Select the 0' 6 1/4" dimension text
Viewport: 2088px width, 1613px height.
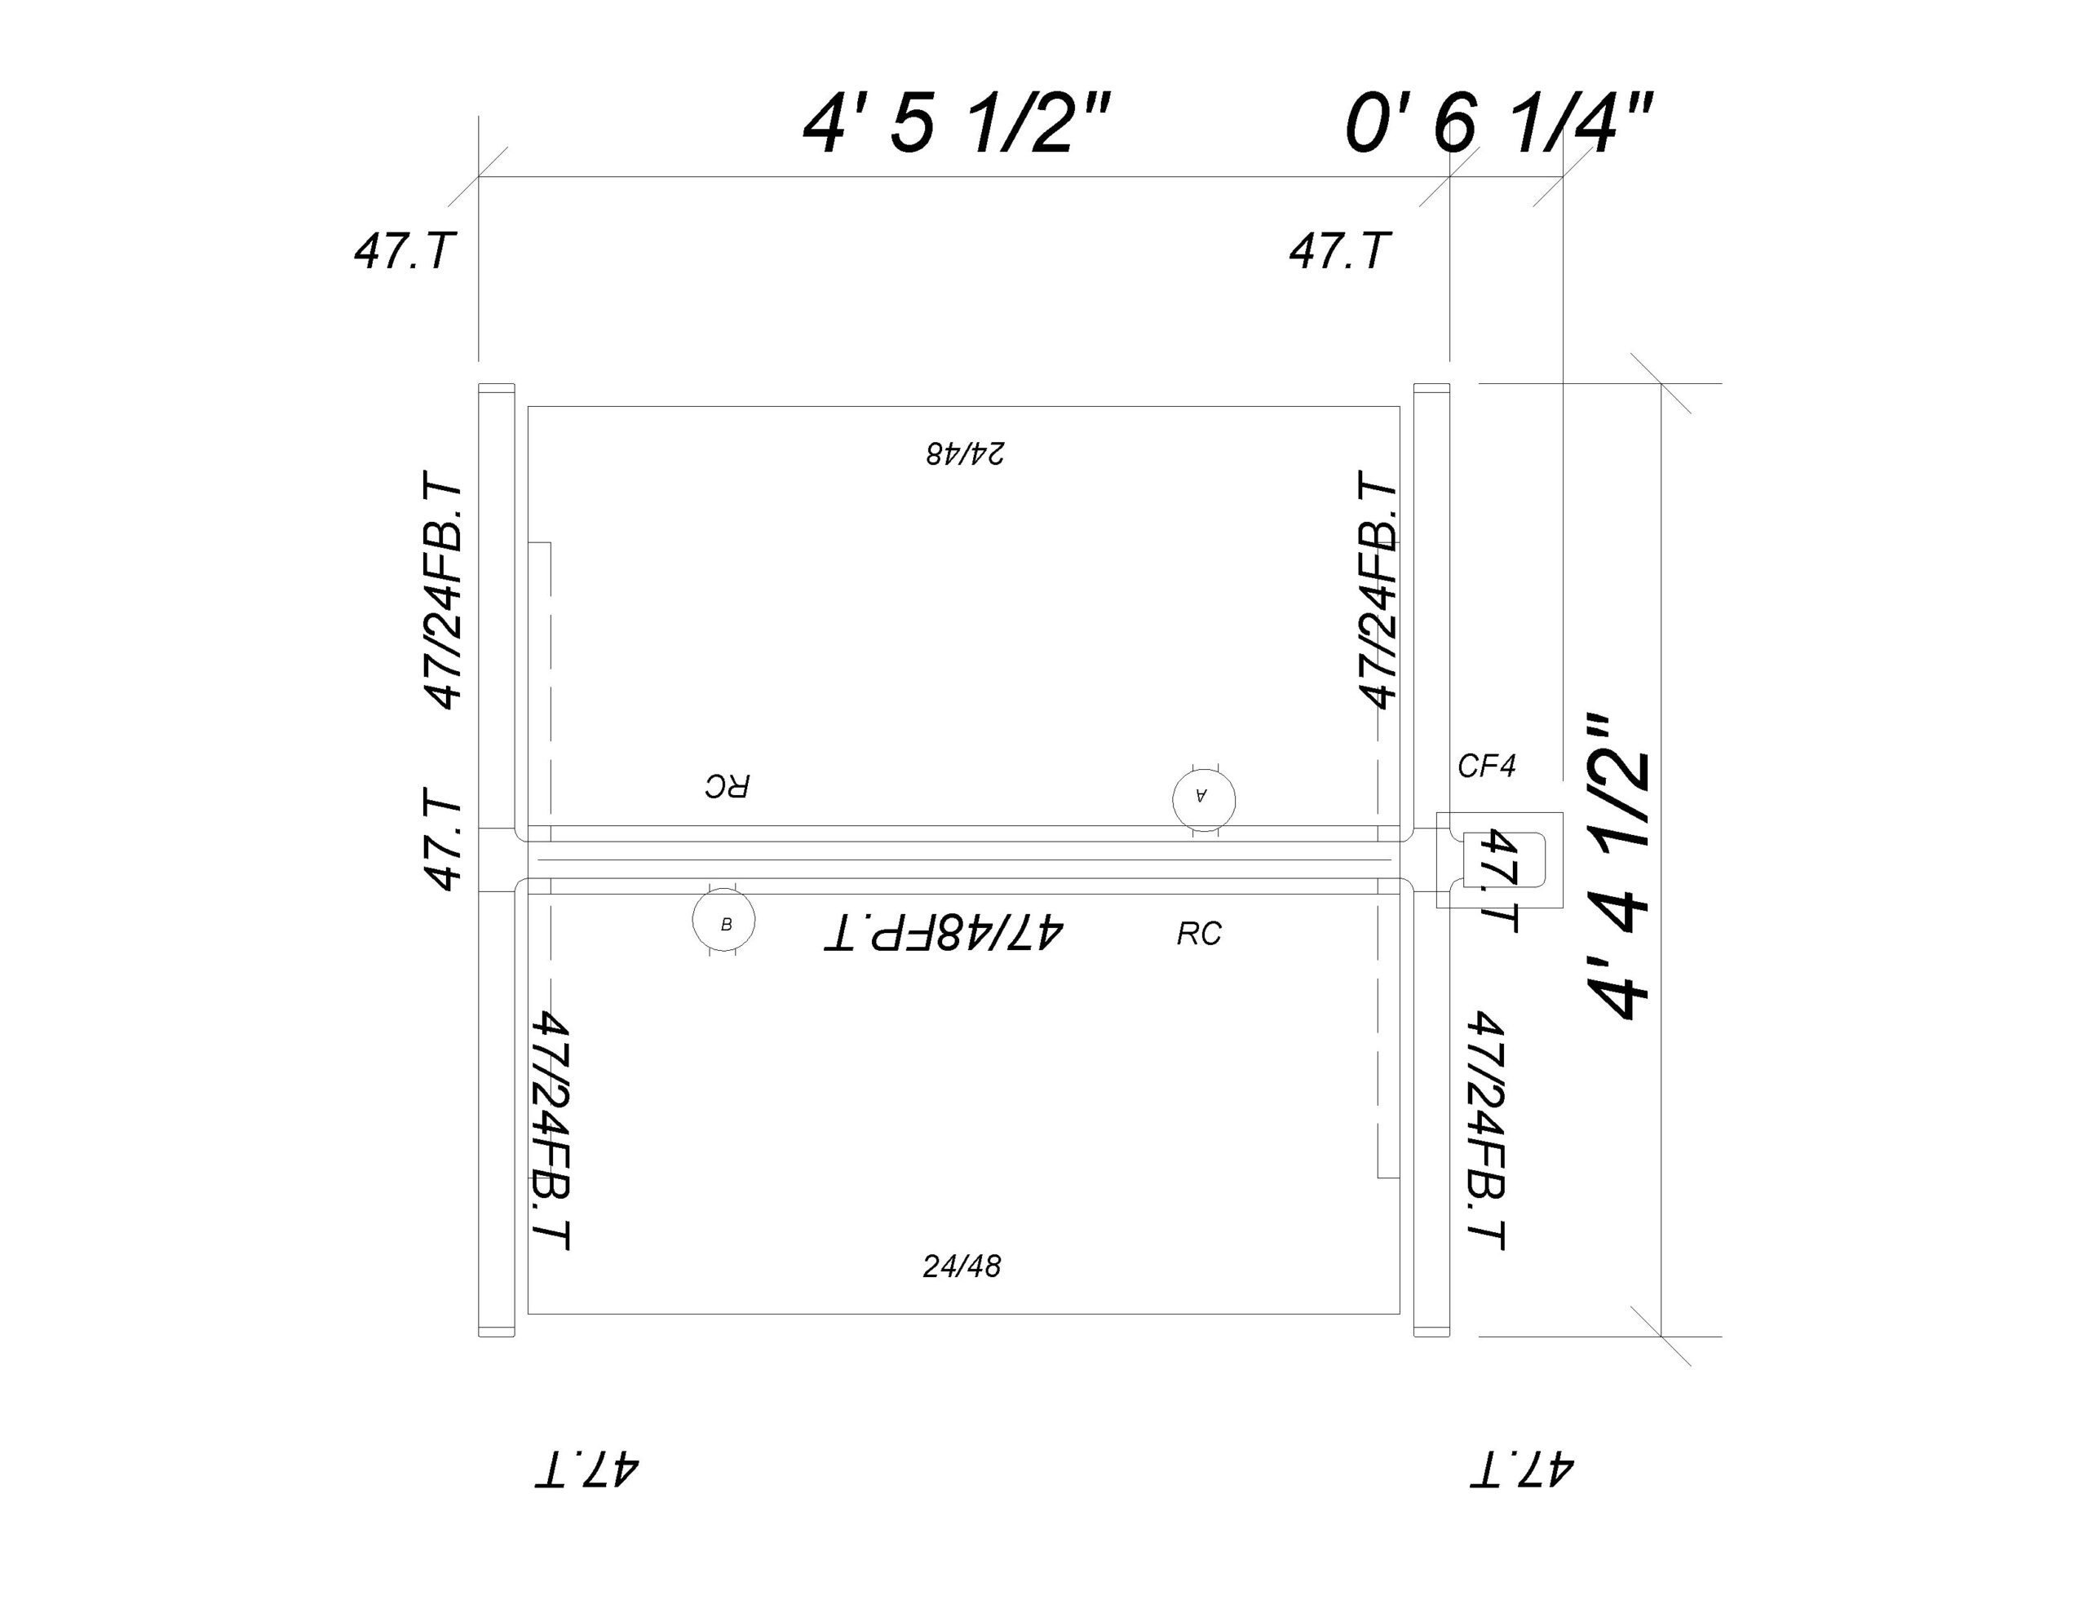click(1498, 124)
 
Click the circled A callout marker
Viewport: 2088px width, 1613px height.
click(1204, 798)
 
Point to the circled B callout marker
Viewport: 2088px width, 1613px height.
click(723, 921)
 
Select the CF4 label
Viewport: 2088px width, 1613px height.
click(1487, 766)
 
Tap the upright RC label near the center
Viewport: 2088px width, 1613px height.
click(1199, 935)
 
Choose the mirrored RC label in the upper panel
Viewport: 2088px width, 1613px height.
click(728, 786)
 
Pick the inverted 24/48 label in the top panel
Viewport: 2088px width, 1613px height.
click(965, 453)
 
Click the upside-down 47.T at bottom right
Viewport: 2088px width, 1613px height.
click(1521, 1469)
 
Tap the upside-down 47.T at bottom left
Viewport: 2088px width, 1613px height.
click(586, 1469)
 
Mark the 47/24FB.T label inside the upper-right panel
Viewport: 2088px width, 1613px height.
click(1378, 589)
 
